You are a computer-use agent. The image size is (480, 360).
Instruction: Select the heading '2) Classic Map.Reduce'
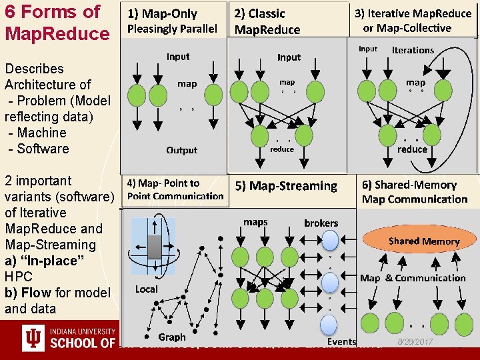point(267,21)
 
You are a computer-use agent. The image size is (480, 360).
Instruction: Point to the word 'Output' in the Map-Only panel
point(182,150)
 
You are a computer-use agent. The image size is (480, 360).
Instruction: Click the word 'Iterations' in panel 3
point(413,50)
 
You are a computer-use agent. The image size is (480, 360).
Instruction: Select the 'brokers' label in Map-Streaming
point(321,223)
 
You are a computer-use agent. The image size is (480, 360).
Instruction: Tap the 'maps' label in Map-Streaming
point(255,222)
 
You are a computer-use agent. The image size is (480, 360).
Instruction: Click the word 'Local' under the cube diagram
point(147,289)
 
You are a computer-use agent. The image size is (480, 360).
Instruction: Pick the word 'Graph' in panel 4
point(172,337)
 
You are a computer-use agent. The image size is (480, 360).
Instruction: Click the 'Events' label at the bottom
point(342,341)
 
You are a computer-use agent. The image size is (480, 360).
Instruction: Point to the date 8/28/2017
point(415,341)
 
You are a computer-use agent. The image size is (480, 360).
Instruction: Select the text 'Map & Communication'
point(413,278)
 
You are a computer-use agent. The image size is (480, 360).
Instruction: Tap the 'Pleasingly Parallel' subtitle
point(172,29)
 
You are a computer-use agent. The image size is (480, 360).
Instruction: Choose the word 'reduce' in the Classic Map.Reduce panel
point(281,149)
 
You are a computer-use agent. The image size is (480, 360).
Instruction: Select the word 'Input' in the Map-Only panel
point(178,57)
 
